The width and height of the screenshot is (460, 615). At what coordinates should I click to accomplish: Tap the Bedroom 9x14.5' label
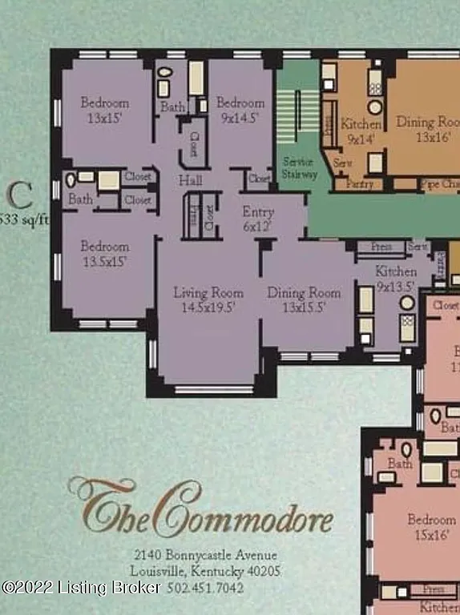pos(240,110)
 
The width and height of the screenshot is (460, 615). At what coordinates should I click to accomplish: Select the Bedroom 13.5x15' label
pos(104,254)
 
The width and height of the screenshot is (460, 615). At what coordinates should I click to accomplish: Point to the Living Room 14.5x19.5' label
pos(208,300)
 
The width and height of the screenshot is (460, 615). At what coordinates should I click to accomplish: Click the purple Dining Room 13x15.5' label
pos(304,300)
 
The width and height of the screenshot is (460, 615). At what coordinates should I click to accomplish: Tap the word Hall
pos(190,180)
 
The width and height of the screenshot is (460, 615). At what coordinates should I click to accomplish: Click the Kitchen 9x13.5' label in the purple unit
pos(395,279)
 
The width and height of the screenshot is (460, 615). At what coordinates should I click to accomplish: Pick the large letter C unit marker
pos(21,195)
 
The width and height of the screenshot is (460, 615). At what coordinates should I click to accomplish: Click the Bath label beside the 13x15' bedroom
pos(173,107)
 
